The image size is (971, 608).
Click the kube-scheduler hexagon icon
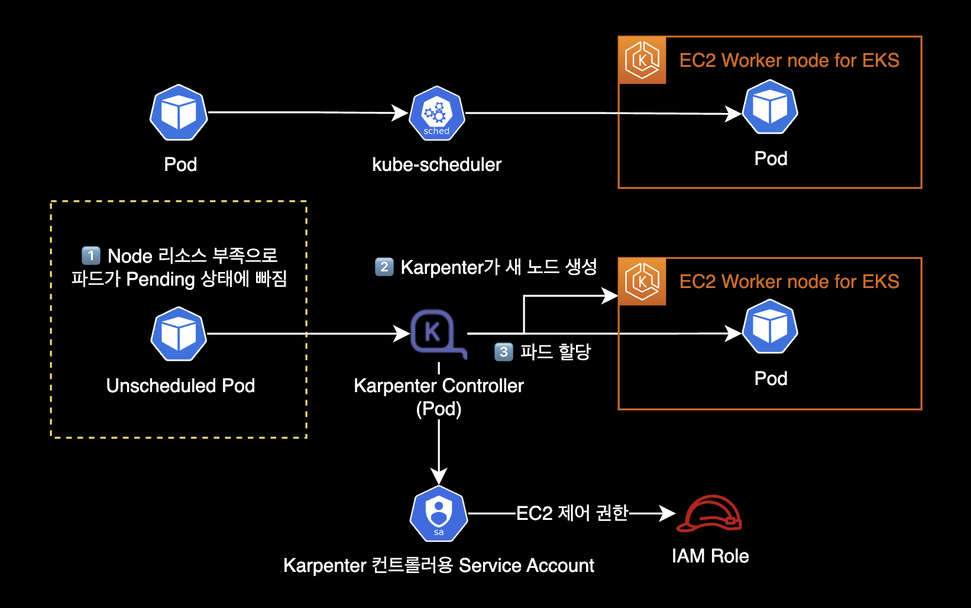point(436,114)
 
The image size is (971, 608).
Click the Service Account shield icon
point(439,513)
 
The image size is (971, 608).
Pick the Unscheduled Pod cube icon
point(179,334)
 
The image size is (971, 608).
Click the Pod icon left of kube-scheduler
point(179,112)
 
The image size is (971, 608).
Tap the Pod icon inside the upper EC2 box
point(770,108)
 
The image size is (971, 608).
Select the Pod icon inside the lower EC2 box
point(770,327)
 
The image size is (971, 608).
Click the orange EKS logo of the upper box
point(642,60)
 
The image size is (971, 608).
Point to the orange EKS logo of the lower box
point(642,282)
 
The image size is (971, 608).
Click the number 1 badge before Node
point(90,256)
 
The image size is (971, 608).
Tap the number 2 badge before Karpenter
point(384,267)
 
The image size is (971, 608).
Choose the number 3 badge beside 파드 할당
point(503,352)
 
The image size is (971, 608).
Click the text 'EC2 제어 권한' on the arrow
point(572,513)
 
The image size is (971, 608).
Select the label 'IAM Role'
point(710,556)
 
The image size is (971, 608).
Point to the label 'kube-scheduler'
point(436,164)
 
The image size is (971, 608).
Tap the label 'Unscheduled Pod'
point(180,386)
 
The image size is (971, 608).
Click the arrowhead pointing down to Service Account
point(439,476)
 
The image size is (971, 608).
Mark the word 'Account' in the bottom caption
point(560,565)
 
